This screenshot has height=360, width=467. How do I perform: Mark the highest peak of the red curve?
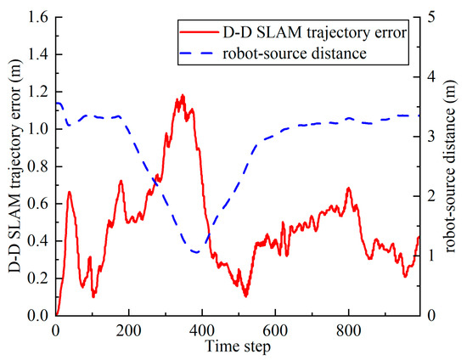click(x=183, y=95)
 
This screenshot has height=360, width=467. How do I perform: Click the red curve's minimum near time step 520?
click(x=245, y=296)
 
